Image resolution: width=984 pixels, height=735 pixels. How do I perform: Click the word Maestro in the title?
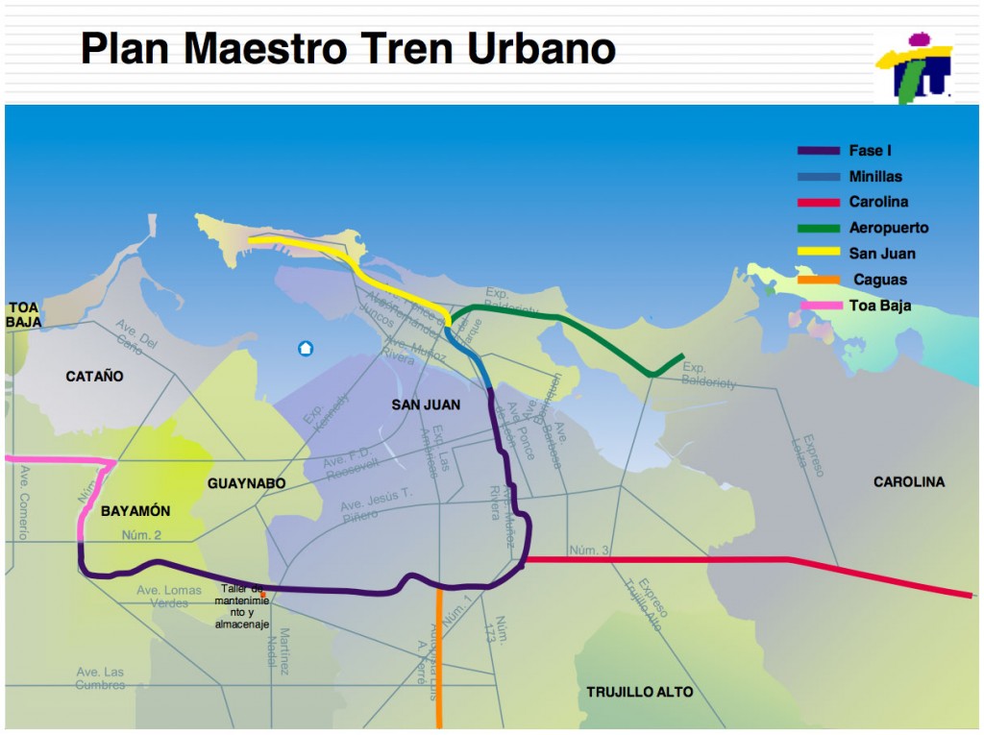(321, 48)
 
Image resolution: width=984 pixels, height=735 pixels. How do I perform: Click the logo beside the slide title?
(913, 65)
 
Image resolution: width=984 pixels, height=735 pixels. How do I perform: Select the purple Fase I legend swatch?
(818, 151)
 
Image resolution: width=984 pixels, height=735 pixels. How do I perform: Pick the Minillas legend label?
(875, 177)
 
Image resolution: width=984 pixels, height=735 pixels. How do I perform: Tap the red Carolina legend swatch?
(818, 203)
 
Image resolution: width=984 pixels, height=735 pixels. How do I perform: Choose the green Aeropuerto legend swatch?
(818, 229)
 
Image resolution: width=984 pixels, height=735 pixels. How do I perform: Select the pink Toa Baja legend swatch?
(818, 306)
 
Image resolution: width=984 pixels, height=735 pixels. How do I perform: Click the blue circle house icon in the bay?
(306, 348)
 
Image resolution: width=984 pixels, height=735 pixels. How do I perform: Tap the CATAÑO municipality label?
(94, 377)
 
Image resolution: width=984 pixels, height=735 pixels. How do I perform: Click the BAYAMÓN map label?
(135, 511)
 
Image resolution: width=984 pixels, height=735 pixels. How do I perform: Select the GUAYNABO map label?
(246, 483)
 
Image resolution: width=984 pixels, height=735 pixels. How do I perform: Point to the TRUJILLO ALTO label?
(639, 692)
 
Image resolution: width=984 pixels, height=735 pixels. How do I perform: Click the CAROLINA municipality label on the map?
(908, 481)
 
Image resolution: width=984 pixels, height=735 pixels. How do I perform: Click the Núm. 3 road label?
(589, 550)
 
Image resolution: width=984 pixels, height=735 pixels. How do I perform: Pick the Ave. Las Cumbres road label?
(100, 678)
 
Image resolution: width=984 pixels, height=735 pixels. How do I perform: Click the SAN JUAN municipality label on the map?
(426, 404)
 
